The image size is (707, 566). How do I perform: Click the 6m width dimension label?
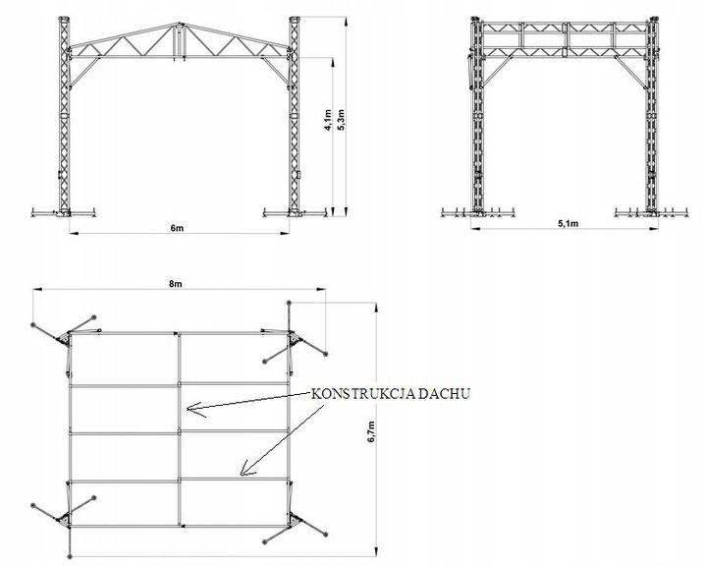click(x=177, y=228)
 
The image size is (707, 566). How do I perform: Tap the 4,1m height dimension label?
click(x=328, y=120)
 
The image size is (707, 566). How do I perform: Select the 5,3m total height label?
click(x=341, y=120)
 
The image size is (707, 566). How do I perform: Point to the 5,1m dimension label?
click(x=569, y=223)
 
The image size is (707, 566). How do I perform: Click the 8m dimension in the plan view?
click(x=176, y=283)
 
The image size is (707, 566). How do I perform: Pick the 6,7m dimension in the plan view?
click(x=371, y=431)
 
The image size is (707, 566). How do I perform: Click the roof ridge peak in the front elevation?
click(x=180, y=24)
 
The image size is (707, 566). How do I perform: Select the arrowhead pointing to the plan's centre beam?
click(x=194, y=410)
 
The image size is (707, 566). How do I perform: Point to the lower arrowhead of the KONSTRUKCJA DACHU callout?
click(x=246, y=469)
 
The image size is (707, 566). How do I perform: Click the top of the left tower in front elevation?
click(x=64, y=19)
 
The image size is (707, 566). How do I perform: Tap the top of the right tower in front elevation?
click(x=294, y=19)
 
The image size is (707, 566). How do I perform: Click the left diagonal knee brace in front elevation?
click(x=84, y=72)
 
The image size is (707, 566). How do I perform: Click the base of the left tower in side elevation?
click(x=477, y=212)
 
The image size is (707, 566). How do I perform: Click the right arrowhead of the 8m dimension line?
click(x=321, y=289)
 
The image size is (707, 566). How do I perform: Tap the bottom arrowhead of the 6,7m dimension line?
click(x=377, y=551)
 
